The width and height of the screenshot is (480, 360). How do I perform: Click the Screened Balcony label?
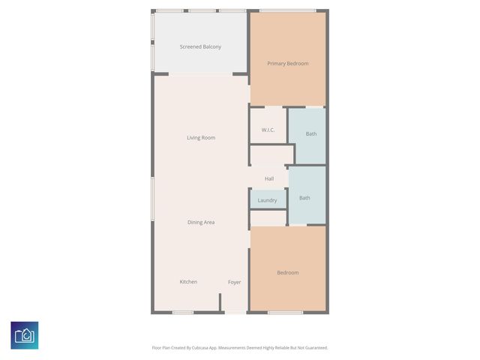coord(200,47)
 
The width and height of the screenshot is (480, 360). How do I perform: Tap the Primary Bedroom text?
coord(288,64)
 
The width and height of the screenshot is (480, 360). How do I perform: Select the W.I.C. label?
coord(268,130)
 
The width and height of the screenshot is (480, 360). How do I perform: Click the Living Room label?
coord(201,138)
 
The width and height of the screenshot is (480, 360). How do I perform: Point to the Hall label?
coord(268,178)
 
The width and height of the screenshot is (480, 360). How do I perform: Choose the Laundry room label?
coord(267,200)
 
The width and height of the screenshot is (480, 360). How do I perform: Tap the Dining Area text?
coord(201,222)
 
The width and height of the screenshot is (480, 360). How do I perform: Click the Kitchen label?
coord(188,282)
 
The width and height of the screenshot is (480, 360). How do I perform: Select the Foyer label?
coord(235,282)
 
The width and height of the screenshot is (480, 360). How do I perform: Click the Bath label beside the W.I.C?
coord(311,134)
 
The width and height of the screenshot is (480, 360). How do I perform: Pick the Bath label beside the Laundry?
coord(304,198)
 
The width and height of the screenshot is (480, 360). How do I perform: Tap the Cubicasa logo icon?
coord(25,335)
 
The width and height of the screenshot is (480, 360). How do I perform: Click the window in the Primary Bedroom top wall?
coord(287,10)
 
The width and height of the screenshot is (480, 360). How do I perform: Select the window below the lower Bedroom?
coord(286,312)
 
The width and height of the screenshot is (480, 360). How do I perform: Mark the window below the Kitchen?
coord(183,312)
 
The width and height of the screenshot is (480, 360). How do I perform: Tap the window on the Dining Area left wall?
coord(152,198)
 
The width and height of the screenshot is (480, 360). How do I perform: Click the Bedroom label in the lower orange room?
coord(288,273)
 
